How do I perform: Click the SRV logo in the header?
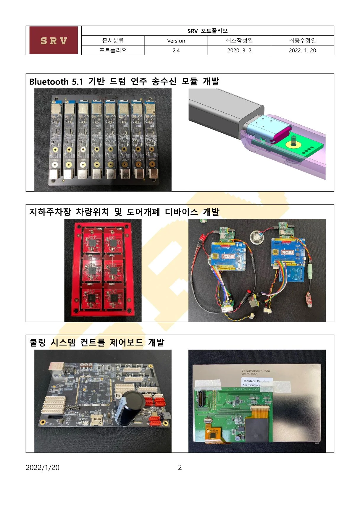coord(54,40)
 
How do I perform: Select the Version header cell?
coord(176,41)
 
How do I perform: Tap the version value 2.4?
coord(176,51)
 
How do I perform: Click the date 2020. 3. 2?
coord(239,51)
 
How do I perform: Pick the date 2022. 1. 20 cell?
coord(302,51)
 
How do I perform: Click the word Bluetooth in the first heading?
coord(49,82)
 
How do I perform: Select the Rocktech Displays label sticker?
coord(256,382)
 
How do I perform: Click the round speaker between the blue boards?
coord(256,237)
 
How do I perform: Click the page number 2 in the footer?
coord(180,468)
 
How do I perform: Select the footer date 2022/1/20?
coord(43,468)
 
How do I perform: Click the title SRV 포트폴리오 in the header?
coord(207,31)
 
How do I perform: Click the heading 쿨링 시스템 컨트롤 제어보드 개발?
coord(97,343)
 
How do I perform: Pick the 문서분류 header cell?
coord(113,41)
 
